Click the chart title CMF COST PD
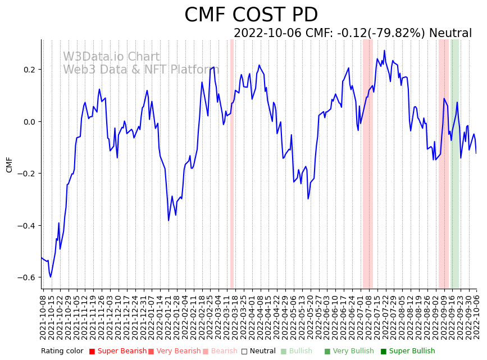(x=251, y=15)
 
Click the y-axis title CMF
(x=9, y=165)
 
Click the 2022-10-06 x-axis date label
(x=477, y=317)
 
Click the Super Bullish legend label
(x=412, y=351)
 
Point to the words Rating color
(x=62, y=351)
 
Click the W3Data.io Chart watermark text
(x=111, y=57)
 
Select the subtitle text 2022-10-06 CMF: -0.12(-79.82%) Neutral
(x=353, y=33)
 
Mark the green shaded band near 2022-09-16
(x=454, y=163)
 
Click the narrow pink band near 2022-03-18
(x=231, y=163)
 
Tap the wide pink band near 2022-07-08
(x=367, y=163)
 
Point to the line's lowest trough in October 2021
(x=50, y=277)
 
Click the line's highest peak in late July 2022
(x=385, y=51)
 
